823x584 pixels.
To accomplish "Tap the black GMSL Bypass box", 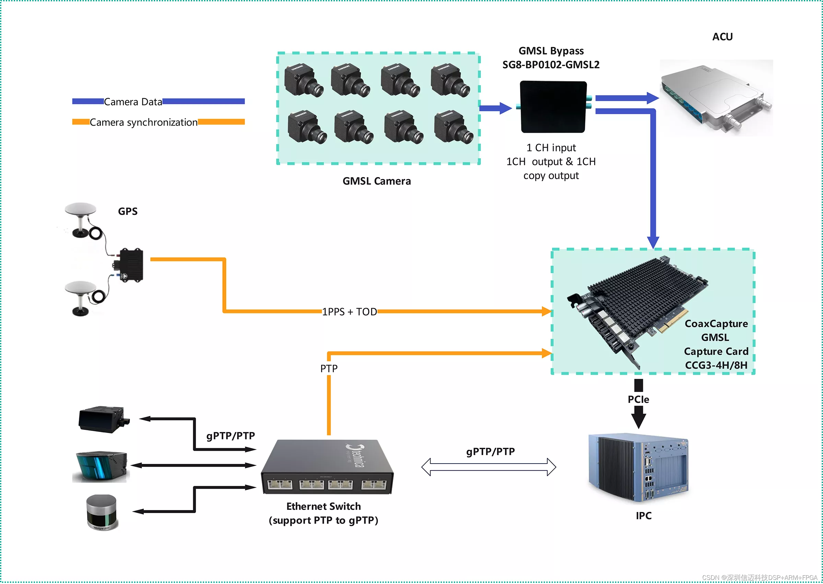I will coord(553,107).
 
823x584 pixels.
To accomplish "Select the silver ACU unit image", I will coord(716,97).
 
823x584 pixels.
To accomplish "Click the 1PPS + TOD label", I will coord(349,312).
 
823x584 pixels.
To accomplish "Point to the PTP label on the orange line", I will coord(329,368).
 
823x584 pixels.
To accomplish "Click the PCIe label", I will coord(638,399).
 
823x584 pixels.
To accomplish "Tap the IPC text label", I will coord(643,515).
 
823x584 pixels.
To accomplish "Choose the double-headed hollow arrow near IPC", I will coord(488,467).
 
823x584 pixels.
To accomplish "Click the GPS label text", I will coord(128,211).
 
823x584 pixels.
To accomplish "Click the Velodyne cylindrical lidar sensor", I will coord(102,512).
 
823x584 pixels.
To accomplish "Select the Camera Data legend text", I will coord(133,102).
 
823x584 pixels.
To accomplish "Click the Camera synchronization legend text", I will coord(143,122).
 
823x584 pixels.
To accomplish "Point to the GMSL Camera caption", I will coord(376,181).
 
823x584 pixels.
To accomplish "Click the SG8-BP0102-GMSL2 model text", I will coord(551,65).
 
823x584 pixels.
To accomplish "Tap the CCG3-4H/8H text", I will coord(716,365).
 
